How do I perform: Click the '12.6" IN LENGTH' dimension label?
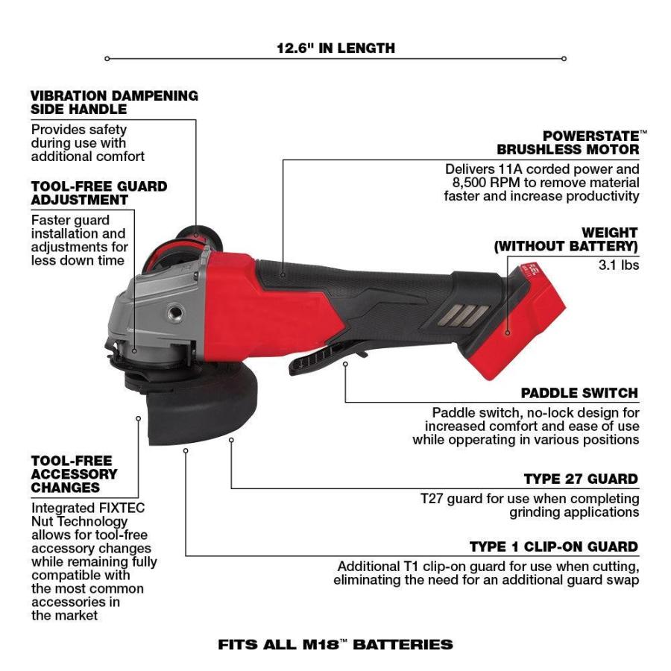tap(336, 48)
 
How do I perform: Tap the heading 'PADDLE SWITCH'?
tap(579, 393)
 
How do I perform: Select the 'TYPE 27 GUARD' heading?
tap(581, 479)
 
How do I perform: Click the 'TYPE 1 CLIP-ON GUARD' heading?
tap(554, 546)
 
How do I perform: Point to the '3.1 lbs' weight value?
tap(619, 265)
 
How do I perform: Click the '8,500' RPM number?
tap(470, 183)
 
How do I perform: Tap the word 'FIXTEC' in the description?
tap(122, 508)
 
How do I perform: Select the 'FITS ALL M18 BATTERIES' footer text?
tap(335, 644)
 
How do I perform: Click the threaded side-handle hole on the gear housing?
tap(175, 312)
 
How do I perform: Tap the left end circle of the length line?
tap(107, 58)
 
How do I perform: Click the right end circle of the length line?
tap(564, 58)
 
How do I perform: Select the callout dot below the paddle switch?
tap(345, 364)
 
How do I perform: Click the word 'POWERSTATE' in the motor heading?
tap(591, 136)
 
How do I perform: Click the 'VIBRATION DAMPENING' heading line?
tap(114, 95)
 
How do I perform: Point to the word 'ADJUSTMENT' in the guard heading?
tap(80, 200)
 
